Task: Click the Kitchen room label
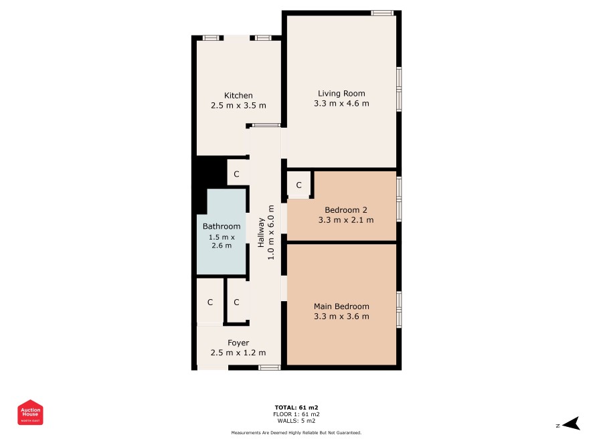pos(238,96)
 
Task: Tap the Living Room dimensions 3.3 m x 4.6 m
pos(341,104)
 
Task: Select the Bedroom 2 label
pos(345,210)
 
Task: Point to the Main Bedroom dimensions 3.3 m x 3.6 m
pos(341,317)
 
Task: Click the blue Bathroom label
pos(222,226)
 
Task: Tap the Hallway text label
pos(261,232)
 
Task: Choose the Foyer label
pos(238,343)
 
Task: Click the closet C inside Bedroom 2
pos(299,185)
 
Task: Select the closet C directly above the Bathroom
pos(236,174)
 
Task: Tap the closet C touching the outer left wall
pos(210,302)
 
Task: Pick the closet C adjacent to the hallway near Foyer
pos(236,302)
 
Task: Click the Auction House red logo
pos(30,412)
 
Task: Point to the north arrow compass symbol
pos(572,424)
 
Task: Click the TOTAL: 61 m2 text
pos(296,408)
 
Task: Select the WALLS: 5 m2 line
pos(296,421)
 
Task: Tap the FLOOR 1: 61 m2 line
pos(296,414)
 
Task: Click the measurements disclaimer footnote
pos(296,432)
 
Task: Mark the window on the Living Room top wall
pos(382,13)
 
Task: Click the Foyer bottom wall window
pos(270,367)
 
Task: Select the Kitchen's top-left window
pos(211,37)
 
